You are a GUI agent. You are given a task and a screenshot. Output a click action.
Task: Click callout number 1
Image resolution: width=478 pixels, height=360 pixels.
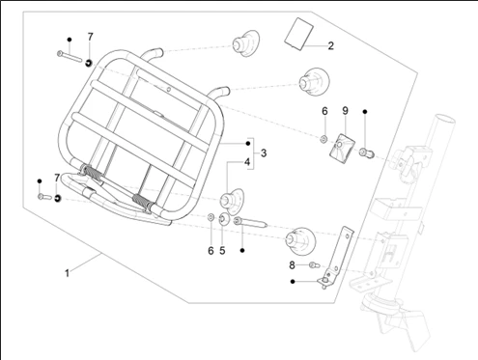[67, 273]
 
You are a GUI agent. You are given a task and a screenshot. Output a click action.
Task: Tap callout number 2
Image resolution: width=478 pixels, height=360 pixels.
[330, 45]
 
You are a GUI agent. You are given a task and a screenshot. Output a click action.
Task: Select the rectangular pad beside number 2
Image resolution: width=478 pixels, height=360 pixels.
[297, 35]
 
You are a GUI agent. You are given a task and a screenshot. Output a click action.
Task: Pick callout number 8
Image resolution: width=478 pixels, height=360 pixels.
[292, 264]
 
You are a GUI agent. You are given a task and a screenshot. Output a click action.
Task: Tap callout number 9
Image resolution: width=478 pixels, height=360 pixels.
[344, 111]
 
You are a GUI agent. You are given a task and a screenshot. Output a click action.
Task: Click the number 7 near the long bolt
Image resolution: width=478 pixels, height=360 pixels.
[90, 37]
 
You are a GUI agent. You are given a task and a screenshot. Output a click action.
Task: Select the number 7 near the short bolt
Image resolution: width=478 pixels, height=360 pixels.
[57, 178]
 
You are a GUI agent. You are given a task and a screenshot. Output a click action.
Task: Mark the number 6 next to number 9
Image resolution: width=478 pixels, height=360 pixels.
[324, 111]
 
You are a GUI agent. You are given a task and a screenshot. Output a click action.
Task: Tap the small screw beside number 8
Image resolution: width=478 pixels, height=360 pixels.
[314, 264]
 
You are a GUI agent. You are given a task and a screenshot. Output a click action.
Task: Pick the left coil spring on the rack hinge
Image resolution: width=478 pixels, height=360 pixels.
[92, 174]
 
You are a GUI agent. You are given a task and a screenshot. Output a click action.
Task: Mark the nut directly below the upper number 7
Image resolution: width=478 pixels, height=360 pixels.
[89, 63]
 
